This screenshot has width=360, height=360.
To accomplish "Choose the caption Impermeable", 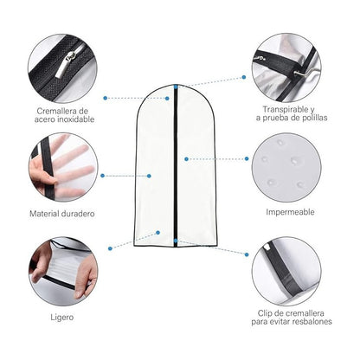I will (x=290, y=211).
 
